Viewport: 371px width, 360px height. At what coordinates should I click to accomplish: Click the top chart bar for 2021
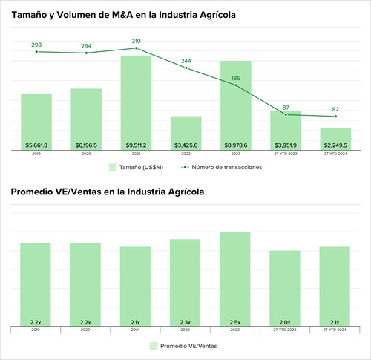pos(136,102)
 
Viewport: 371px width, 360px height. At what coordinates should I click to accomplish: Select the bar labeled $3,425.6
pos(185,132)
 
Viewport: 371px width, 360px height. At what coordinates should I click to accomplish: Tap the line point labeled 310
pos(136,48)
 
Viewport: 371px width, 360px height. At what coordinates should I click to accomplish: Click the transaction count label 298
pos(36,45)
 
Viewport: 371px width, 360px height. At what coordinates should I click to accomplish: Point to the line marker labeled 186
pos(236,85)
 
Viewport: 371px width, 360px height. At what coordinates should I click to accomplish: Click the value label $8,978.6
pos(236,145)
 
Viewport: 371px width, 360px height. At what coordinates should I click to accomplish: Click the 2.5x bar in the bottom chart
pos(236,278)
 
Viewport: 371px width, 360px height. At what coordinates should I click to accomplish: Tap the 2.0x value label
pos(286,322)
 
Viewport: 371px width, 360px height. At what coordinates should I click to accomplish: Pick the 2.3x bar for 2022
pos(185,282)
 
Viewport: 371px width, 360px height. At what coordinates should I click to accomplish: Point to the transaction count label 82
pos(335,109)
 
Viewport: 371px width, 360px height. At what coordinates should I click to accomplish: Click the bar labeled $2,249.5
pos(335,138)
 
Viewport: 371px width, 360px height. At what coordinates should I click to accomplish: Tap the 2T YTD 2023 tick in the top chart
pos(286,154)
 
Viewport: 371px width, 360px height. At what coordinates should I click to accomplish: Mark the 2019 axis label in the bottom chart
pos(36,330)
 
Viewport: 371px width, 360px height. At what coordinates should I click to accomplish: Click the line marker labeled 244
pos(185,68)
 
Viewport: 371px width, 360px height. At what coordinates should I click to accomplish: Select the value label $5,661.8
pos(36,145)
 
